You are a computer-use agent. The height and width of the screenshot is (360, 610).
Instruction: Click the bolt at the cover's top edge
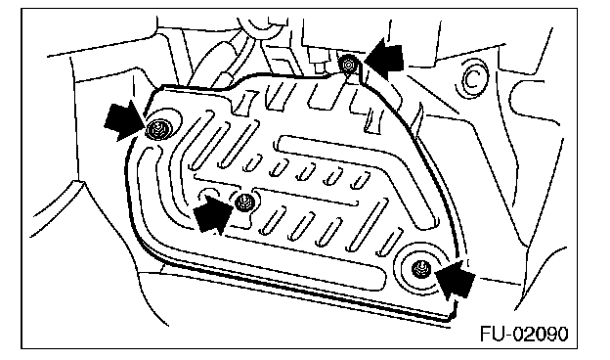point(347,65)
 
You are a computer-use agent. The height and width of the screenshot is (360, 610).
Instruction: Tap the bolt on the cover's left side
point(158,129)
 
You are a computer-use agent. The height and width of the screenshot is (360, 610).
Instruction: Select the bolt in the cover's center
point(244,202)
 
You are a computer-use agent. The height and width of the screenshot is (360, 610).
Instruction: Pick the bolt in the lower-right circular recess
point(420,269)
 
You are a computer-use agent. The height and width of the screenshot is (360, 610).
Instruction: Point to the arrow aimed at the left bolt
point(124,120)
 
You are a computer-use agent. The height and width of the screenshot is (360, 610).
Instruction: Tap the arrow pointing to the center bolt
point(213,213)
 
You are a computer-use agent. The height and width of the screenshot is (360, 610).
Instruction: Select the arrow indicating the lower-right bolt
point(456,278)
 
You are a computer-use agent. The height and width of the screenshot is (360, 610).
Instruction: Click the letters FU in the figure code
point(492,334)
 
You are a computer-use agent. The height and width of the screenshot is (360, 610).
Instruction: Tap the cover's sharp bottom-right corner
point(452,321)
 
